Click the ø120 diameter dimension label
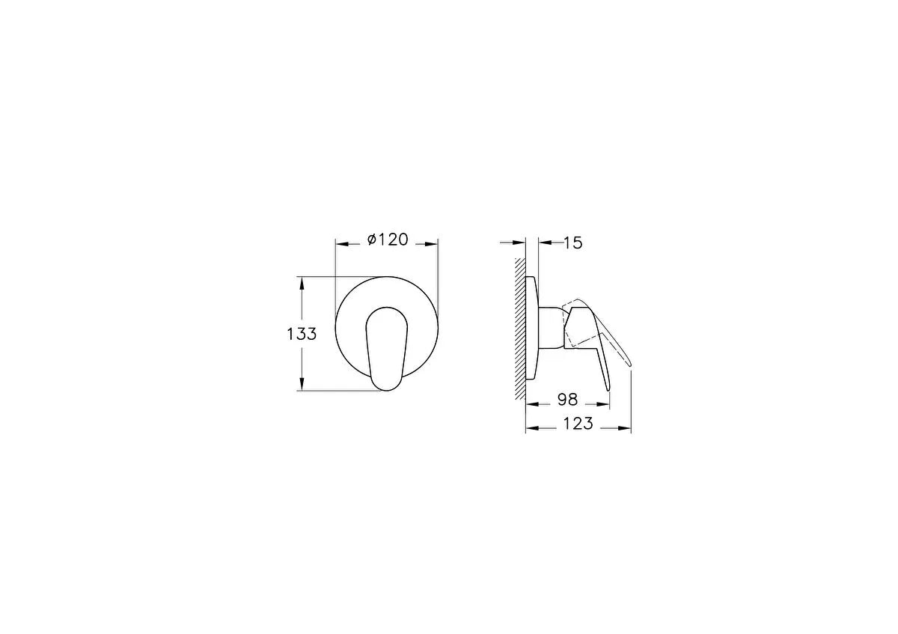pos(388,240)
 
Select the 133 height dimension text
pos(302,334)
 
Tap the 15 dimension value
pos(573,243)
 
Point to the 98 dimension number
pos(568,400)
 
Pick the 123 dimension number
pos(578,424)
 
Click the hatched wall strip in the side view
pos(520,329)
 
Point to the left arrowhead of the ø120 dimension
pos(342,244)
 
